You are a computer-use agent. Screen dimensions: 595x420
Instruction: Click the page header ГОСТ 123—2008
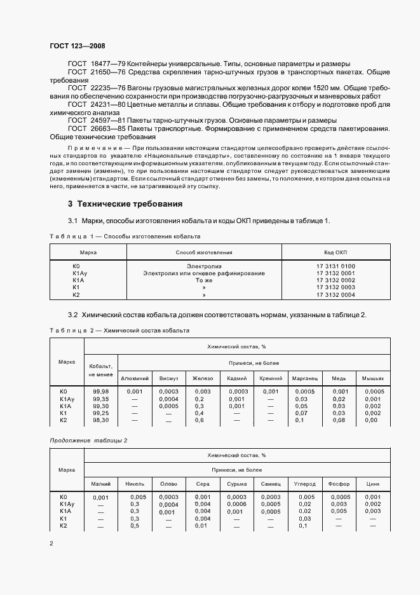77,46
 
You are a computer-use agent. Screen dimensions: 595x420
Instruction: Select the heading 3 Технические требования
125,204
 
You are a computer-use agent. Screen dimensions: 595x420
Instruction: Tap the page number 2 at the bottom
51,544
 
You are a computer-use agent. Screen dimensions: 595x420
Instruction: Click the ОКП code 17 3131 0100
335,266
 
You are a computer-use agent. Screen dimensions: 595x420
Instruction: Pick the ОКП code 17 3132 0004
335,295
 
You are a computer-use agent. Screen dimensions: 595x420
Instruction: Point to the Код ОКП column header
335,252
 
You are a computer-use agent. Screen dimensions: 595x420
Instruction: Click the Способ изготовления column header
204,252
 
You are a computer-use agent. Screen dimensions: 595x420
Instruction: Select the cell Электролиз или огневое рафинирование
204,273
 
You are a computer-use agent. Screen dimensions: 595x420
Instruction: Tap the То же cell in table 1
204,280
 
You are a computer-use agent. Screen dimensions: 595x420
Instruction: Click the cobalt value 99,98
100,391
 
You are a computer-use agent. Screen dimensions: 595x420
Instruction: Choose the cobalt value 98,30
100,420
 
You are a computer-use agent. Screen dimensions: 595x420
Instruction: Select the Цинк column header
373,484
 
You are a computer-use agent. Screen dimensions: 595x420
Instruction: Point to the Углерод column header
306,484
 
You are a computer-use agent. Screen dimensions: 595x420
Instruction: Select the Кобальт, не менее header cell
100,370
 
